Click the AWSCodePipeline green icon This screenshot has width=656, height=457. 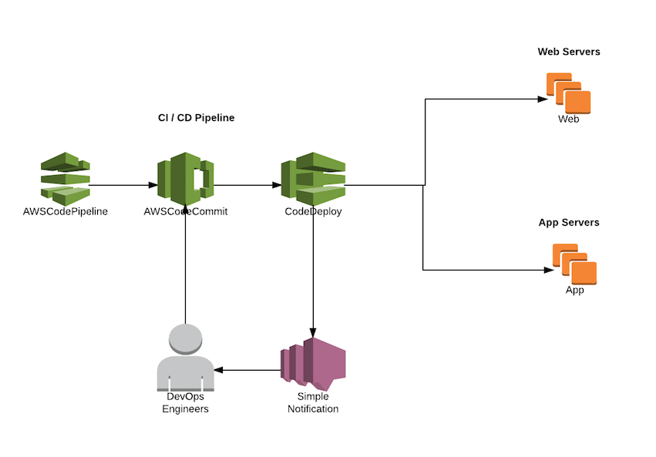click(65, 178)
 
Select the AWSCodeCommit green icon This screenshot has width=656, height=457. click(185, 178)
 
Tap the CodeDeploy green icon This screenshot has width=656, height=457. click(313, 178)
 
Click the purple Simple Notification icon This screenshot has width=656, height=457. click(312, 362)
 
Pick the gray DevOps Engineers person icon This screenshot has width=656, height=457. click(185, 358)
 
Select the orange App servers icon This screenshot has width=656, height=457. click(574, 264)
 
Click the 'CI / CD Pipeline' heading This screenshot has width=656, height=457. click(196, 118)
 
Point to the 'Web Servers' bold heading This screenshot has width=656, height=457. click(568, 52)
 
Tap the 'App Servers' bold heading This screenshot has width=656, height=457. click(568, 223)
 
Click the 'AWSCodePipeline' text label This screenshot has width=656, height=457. click(66, 211)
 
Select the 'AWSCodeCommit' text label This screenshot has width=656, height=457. click(185, 211)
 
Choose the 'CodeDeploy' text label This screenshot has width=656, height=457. click(313, 211)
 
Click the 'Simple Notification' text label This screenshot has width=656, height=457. click(312, 402)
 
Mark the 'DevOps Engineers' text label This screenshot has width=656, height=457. click(185, 402)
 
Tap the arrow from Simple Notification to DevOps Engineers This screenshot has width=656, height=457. click(247, 370)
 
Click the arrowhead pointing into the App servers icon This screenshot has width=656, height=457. click(549, 271)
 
